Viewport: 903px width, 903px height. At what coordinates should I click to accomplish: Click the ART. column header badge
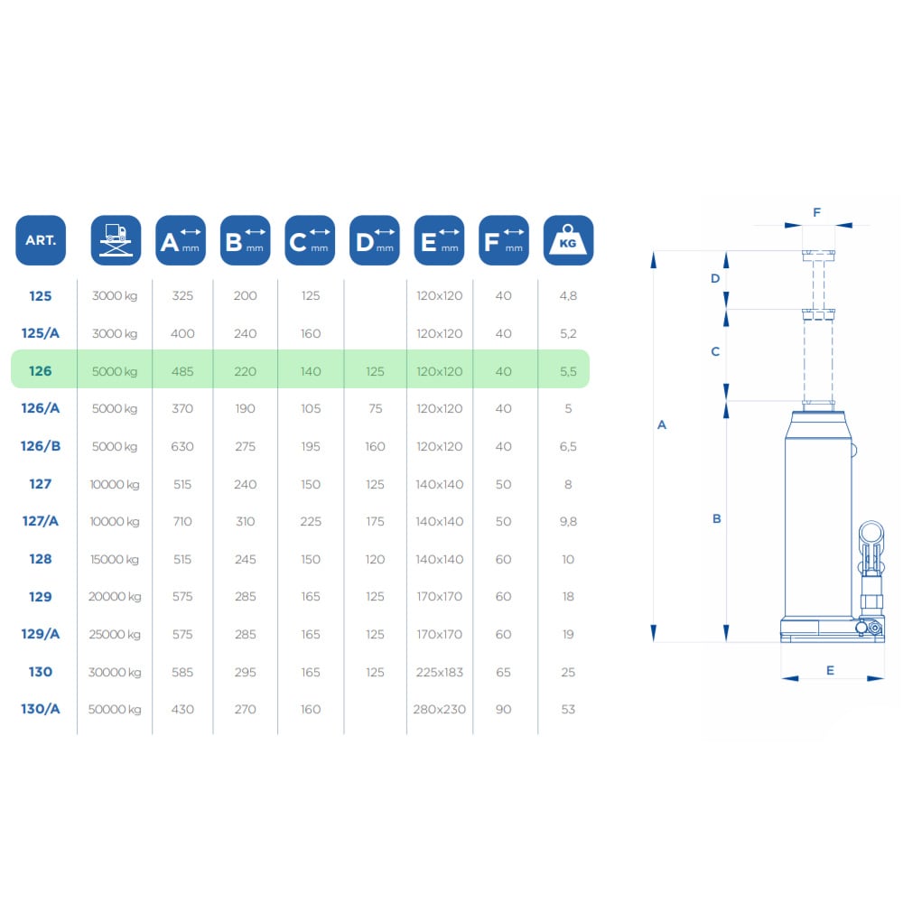click(41, 240)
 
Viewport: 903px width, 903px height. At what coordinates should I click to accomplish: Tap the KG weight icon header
click(568, 240)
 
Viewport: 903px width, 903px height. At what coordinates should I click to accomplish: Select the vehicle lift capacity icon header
click(116, 240)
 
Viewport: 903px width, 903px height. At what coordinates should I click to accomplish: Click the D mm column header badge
click(375, 240)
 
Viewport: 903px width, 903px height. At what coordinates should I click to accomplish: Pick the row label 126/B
click(41, 446)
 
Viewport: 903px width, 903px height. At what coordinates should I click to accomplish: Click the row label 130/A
click(41, 709)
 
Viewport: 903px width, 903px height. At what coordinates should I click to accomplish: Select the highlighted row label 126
click(41, 371)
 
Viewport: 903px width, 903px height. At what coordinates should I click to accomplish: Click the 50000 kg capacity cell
click(115, 710)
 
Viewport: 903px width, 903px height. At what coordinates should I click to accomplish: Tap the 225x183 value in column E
click(440, 672)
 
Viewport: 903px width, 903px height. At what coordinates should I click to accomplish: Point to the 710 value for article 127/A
click(182, 521)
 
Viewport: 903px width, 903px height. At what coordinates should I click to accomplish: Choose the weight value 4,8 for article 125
click(568, 296)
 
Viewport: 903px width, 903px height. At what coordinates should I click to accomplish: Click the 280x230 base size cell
click(440, 710)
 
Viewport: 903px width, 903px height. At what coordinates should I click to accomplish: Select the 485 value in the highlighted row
click(182, 371)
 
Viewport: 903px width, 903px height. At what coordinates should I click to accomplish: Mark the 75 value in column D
click(375, 408)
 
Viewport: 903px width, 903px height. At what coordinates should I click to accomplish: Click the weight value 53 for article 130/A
click(568, 710)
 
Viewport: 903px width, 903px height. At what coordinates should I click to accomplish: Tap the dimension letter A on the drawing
click(662, 425)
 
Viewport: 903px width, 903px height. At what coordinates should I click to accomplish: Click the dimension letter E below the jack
click(830, 670)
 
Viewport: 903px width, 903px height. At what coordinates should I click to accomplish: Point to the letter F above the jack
click(816, 212)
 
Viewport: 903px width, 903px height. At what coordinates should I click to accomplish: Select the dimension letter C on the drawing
click(715, 351)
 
